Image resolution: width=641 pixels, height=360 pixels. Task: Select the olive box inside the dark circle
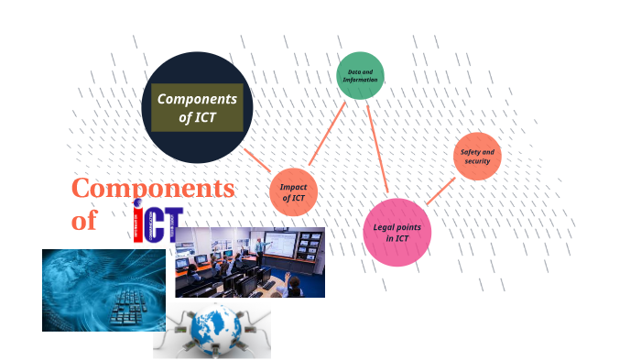pos(197,107)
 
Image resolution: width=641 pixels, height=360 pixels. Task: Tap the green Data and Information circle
pos(360,76)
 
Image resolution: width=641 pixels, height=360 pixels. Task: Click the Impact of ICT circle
pos(293,192)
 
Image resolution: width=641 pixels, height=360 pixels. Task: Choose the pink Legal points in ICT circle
pos(397,232)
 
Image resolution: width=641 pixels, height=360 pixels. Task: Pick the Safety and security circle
pos(477,156)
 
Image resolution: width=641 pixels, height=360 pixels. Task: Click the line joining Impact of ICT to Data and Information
pos(327,134)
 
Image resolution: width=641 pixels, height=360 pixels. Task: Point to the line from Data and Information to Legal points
pos(377,148)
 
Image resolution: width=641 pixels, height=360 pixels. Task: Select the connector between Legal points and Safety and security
pos(440,191)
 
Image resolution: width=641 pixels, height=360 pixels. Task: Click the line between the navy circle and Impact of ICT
pos(257,160)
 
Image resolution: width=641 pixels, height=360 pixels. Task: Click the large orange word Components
pos(153,189)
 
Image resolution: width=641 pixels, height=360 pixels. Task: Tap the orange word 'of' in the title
pos(83,221)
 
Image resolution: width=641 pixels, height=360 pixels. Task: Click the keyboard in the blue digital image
pos(129,306)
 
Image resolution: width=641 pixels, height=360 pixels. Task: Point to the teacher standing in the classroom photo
pos(260,248)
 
